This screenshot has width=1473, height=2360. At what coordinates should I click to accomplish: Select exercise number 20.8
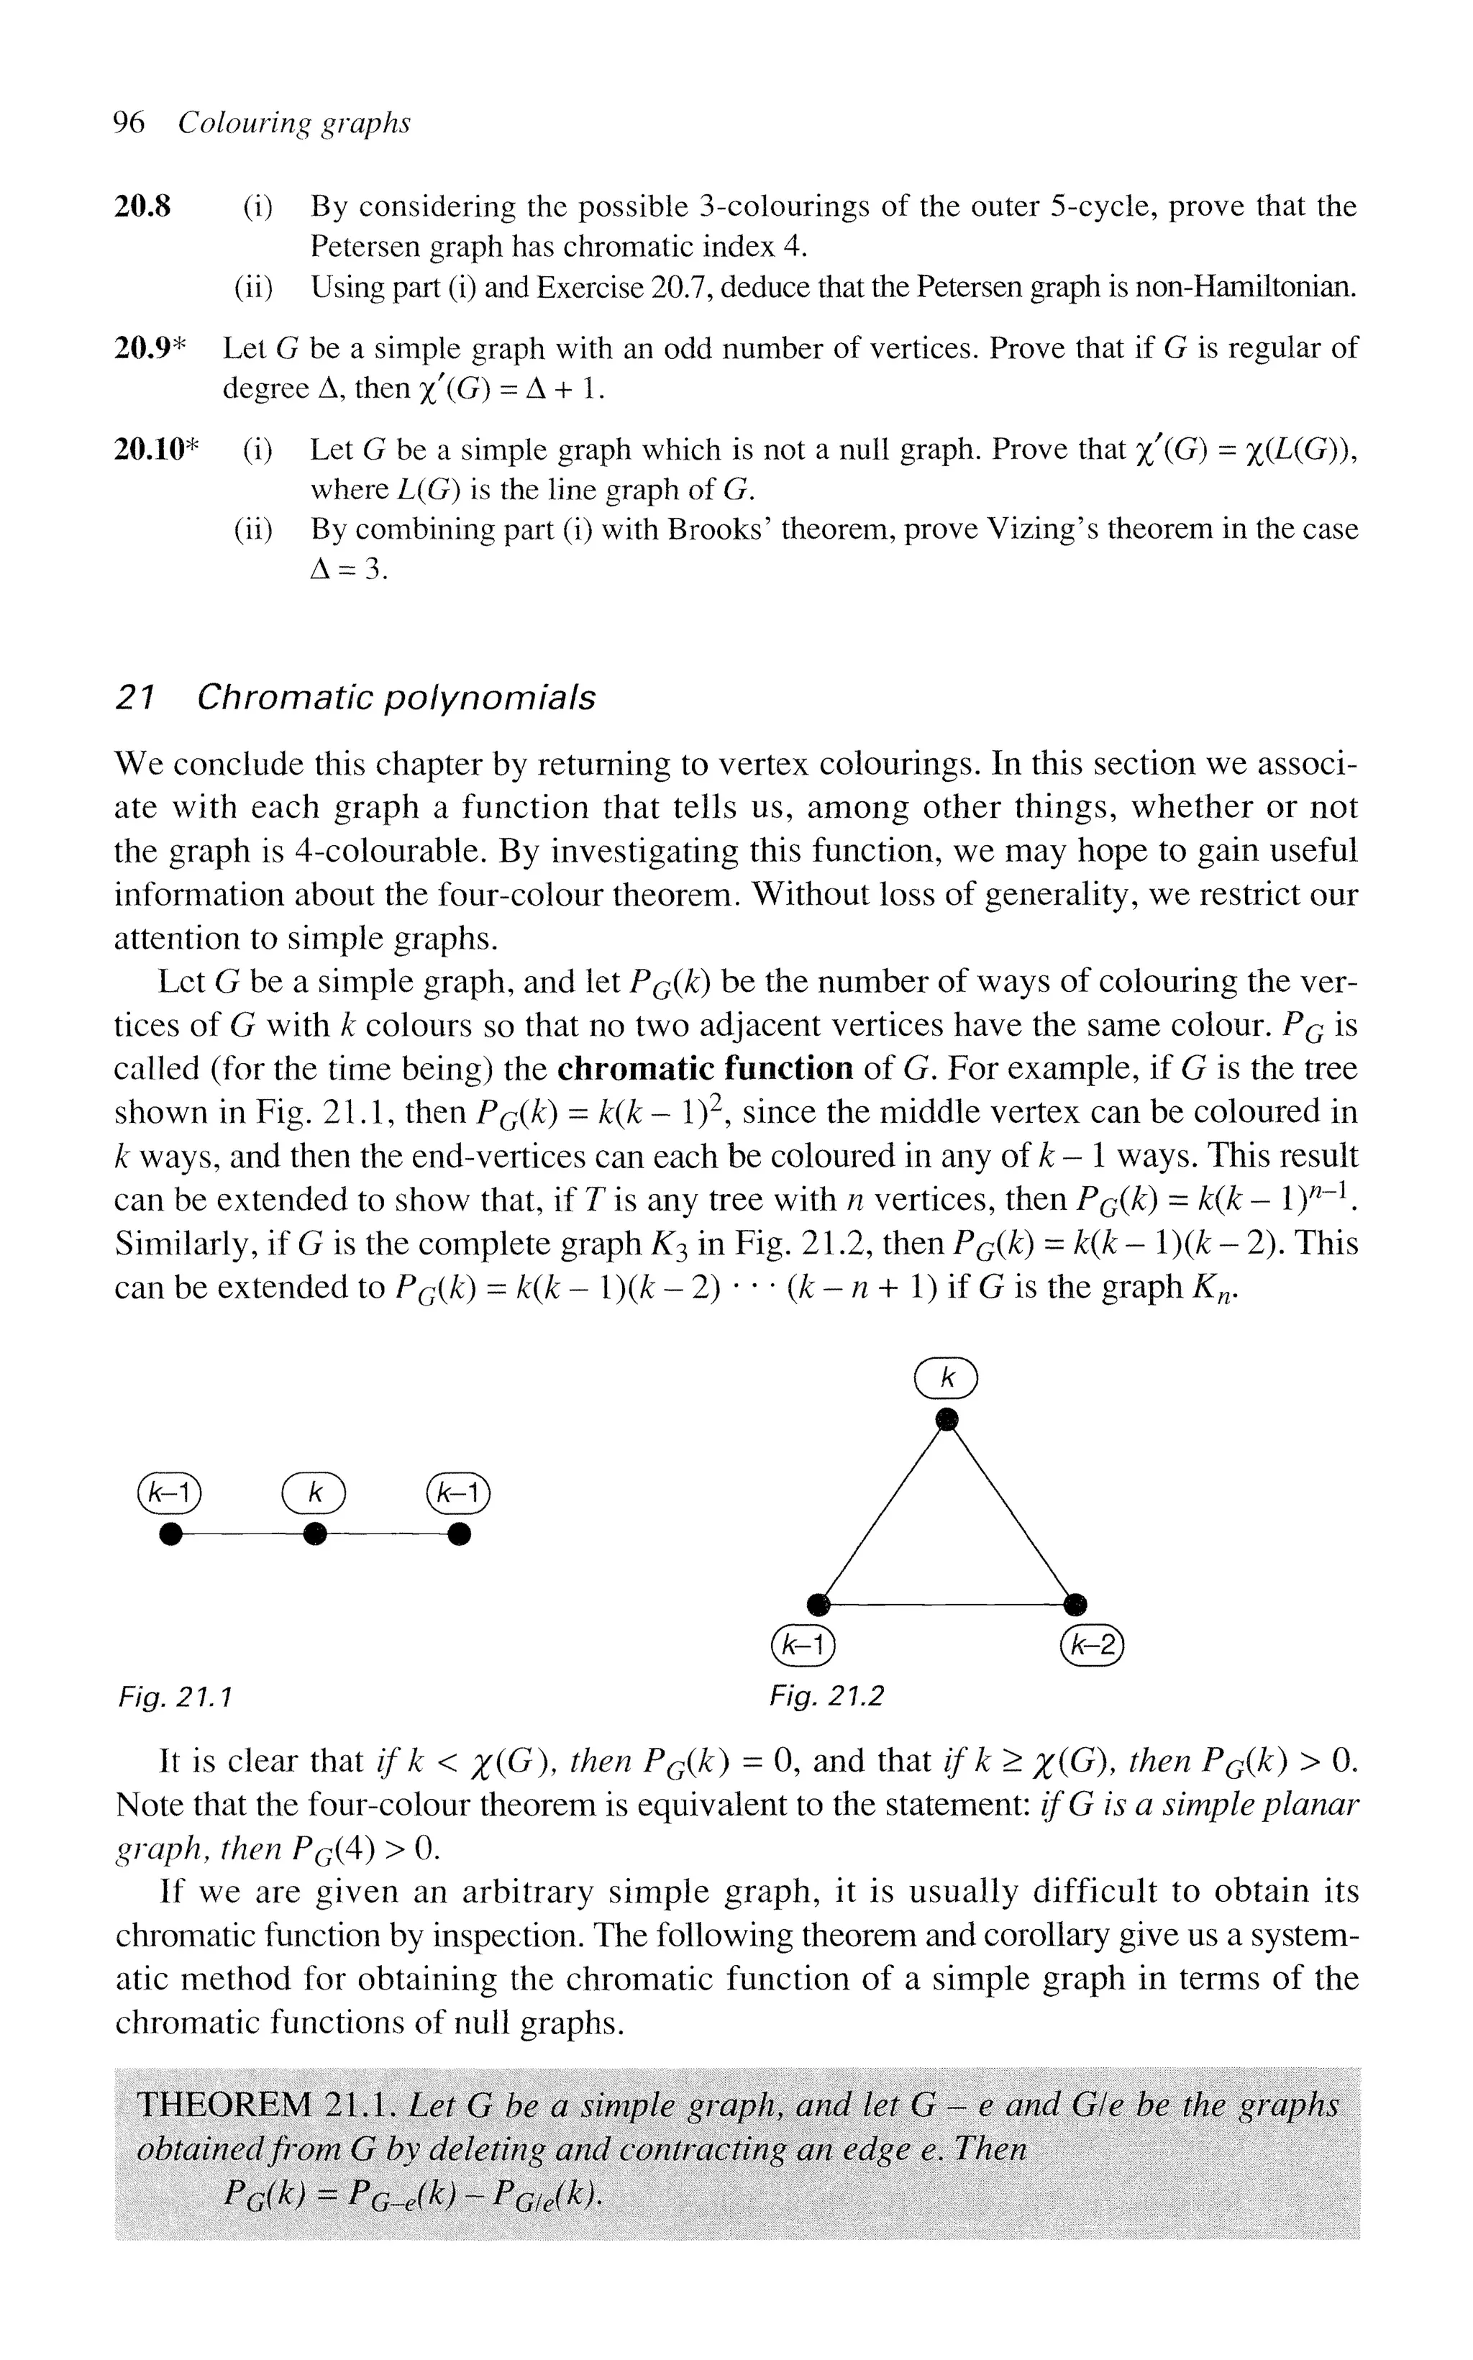click(142, 206)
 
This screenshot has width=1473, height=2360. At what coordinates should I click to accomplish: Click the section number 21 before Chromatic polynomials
click(134, 698)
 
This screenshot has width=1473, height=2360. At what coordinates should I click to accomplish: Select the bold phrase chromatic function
click(706, 1068)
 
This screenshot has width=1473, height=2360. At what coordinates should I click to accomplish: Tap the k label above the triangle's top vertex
click(946, 1378)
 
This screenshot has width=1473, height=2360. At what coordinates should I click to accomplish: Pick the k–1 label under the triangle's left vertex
click(803, 1645)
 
